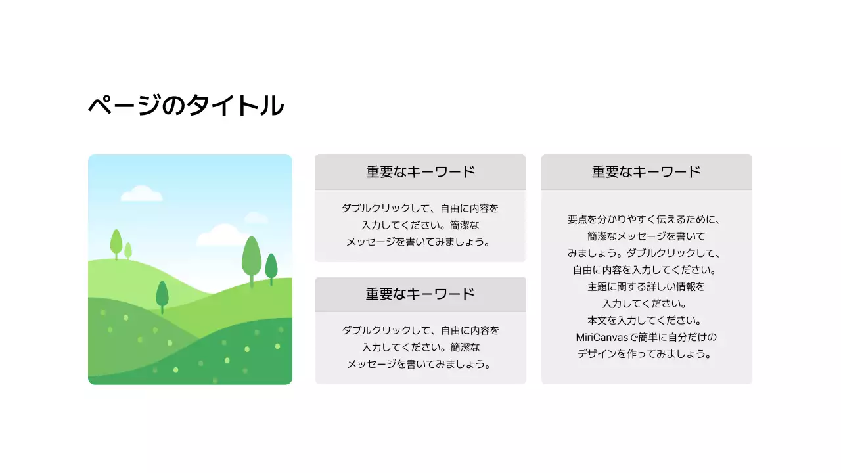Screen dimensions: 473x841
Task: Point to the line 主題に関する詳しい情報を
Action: [x=646, y=287]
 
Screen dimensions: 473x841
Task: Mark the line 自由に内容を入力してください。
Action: [x=646, y=270]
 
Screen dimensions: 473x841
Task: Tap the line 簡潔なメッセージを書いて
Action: [x=646, y=236]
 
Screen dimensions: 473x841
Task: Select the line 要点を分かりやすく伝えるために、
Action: [x=646, y=219]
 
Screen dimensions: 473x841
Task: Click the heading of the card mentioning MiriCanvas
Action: [x=646, y=172]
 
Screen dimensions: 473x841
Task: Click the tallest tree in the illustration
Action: [x=252, y=256]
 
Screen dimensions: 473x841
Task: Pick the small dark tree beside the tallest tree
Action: [x=271, y=266]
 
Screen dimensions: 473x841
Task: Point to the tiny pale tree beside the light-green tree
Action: [x=128, y=250]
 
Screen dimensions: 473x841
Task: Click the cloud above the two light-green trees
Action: [x=141, y=193]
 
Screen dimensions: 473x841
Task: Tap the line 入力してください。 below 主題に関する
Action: [x=646, y=304]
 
